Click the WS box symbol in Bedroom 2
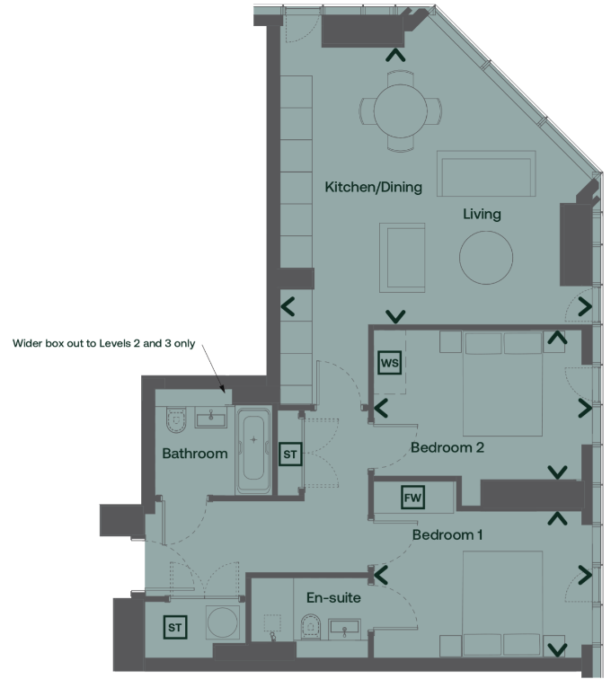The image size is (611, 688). (x=389, y=363)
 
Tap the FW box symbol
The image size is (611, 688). (x=412, y=497)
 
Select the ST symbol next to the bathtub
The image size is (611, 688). (x=290, y=454)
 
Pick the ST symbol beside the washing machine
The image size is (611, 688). (x=174, y=627)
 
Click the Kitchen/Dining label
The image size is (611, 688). (x=373, y=187)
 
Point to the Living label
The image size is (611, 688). (x=482, y=214)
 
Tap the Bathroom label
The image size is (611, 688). (x=195, y=454)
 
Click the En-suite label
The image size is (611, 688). (x=333, y=597)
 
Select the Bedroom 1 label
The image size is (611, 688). (x=447, y=534)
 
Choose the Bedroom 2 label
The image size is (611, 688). (x=447, y=447)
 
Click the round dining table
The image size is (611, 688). (x=401, y=111)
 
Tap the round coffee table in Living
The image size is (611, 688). (x=486, y=257)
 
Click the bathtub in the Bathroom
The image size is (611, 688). (x=253, y=450)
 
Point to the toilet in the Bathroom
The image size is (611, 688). (x=176, y=420)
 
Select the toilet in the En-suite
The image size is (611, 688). (x=311, y=627)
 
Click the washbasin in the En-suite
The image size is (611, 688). (x=344, y=630)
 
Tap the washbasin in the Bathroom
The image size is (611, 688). (x=211, y=418)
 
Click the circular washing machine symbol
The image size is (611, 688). (x=223, y=622)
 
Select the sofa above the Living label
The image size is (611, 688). (x=486, y=173)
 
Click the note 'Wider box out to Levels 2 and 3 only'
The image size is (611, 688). (x=104, y=343)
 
